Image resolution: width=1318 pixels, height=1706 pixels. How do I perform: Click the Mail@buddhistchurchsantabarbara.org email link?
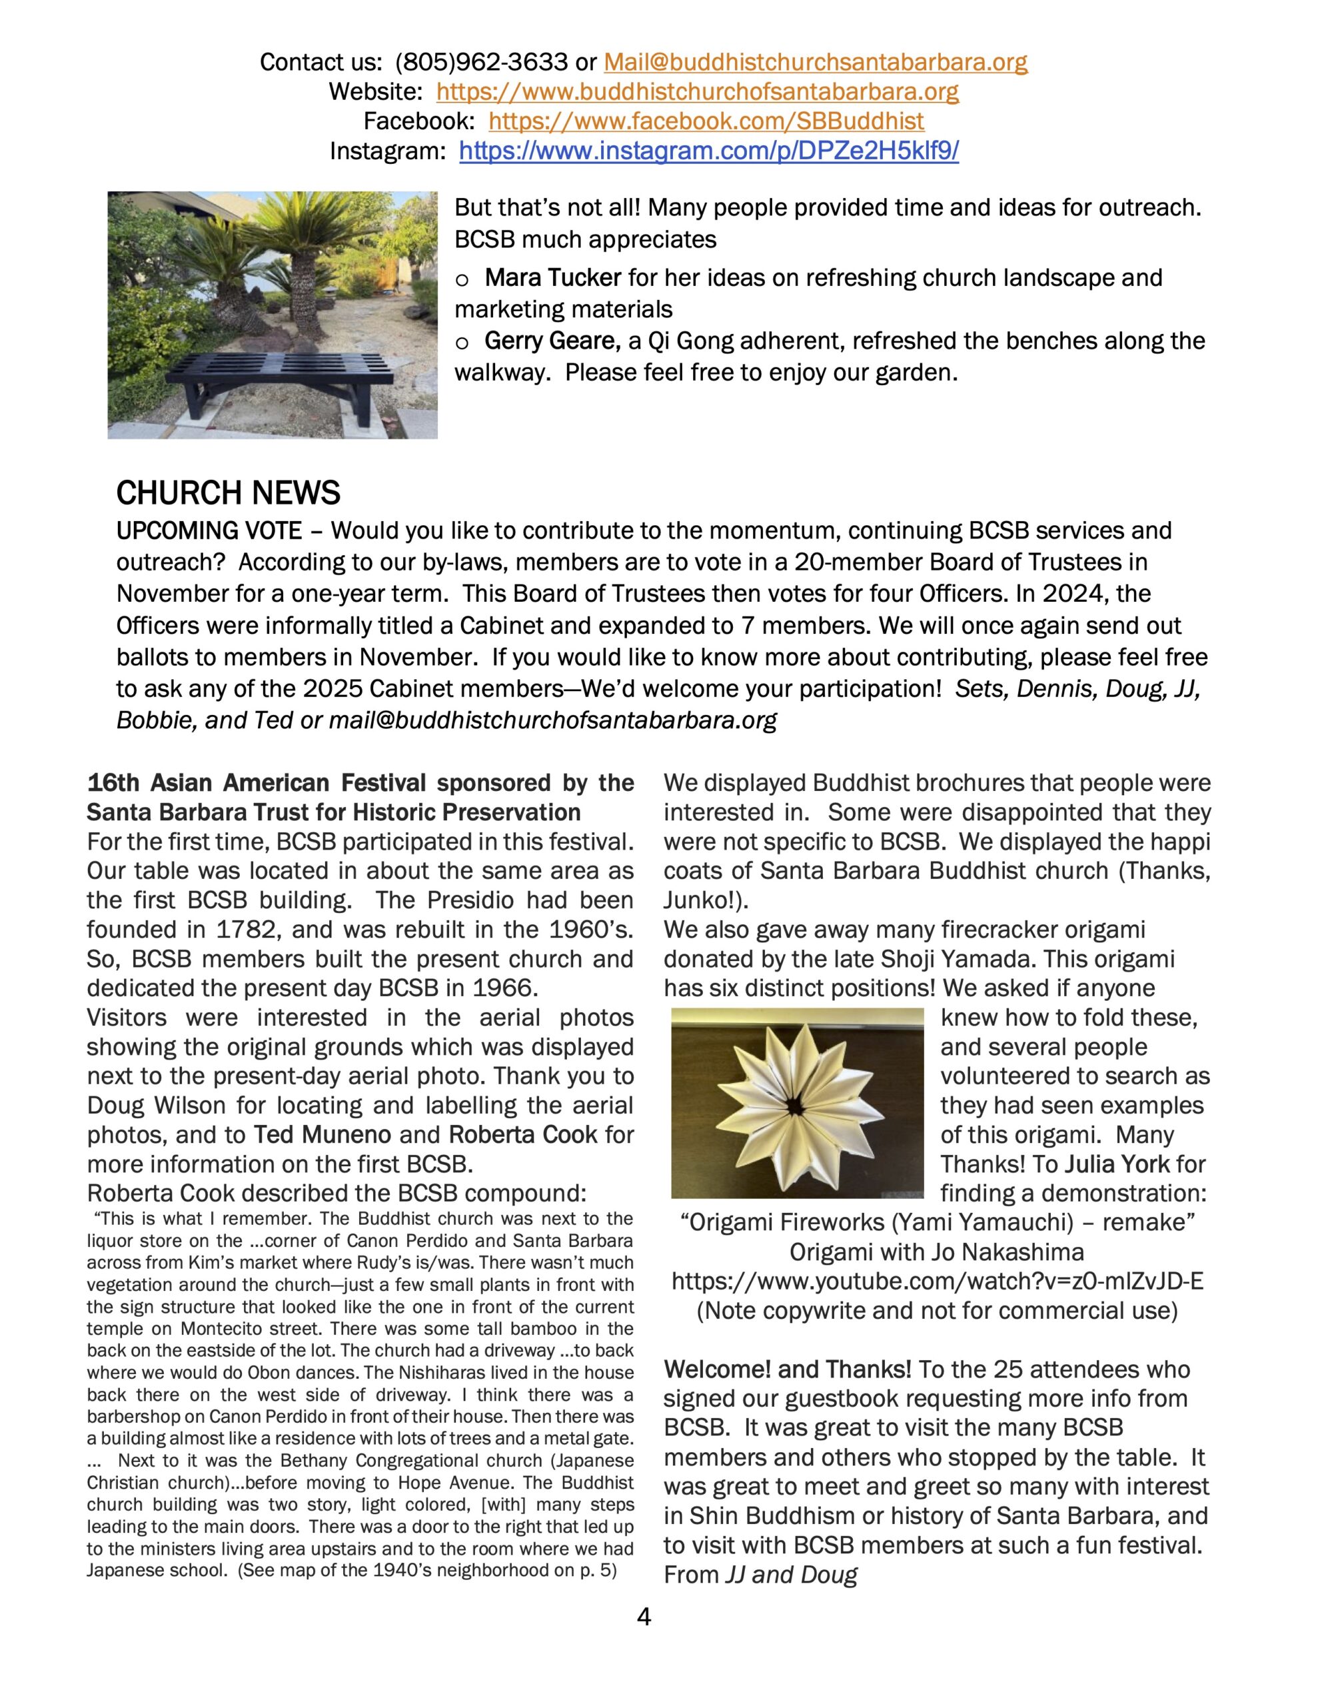(x=815, y=62)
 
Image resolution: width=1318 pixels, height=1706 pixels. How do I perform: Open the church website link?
(x=697, y=91)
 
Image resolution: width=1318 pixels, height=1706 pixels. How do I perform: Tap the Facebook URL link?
(x=706, y=121)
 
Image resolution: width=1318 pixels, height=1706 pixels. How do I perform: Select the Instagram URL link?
(x=708, y=151)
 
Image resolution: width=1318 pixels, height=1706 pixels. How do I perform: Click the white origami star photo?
(x=796, y=1104)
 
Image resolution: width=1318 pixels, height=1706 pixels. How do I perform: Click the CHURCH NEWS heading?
(x=228, y=493)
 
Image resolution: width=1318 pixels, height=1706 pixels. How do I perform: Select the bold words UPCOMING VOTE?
(x=209, y=531)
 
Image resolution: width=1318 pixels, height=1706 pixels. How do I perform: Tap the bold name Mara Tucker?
(x=552, y=277)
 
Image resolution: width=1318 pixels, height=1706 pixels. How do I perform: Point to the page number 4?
(x=644, y=1616)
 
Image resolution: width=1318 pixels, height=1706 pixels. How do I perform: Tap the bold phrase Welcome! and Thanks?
(x=788, y=1369)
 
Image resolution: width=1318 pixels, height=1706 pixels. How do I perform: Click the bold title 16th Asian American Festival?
(x=257, y=783)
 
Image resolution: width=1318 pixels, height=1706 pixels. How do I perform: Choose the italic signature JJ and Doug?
(x=791, y=1575)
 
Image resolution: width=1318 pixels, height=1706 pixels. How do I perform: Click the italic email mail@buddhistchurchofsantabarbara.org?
(x=552, y=720)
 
